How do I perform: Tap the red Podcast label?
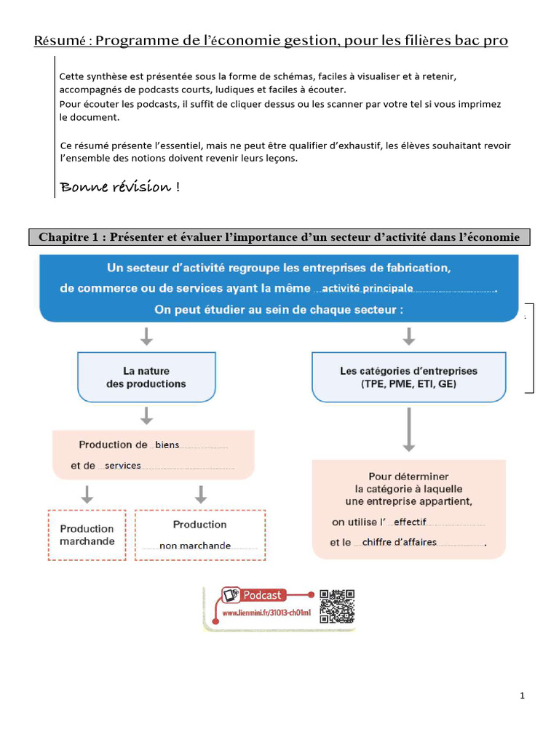pyautogui.click(x=261, y=595)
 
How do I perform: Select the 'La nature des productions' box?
pyautogui.click(x=146, y=377)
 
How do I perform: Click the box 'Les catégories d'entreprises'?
pyautogui.click(x=408, y=377)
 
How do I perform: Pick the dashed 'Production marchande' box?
pyautogui.click(x=87, y=535)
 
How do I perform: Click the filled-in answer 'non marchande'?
pyautogui.click(x=195, y=546)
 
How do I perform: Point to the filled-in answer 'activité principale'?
pyautogui.click(x=368, y=288)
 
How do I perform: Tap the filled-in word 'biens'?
pyautogui.click(x=167, y=445)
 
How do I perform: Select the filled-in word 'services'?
pyautogui.click(x=123, y=466)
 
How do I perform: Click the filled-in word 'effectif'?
pyautogui.click(x=410, y=522)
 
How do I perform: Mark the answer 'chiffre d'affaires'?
pyautogui.click(x=400, y=542)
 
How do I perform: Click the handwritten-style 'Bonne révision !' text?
pyautogui.click(x=120, y=187)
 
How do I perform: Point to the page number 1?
pyautogui.click(x=523, y=696)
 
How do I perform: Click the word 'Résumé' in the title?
pyautogui.click(x=60, y=41)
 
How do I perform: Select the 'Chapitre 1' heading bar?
pyautogui.click(x=279, y=237)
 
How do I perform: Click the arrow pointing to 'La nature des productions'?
pyautogui.click(x=146, y=336)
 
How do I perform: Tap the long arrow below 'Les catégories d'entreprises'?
pyautogui.click(x=408, y=429)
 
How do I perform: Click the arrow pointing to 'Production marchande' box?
pyautogui.click(x=87, y=495)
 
